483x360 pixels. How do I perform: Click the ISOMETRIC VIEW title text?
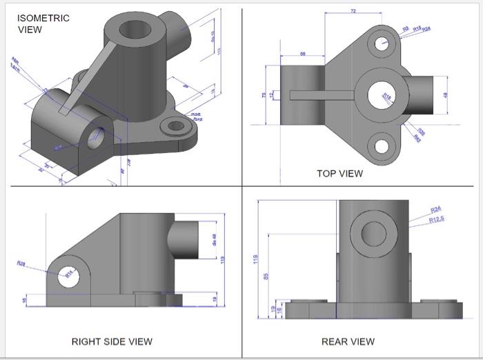[x=43, y=23]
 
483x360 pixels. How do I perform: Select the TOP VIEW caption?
[x=339, y=173]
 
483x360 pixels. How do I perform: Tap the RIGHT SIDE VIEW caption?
[x=112, y=341]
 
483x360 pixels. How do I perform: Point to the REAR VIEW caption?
[x=348, y=341]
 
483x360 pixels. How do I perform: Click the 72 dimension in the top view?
[x=353, y=12]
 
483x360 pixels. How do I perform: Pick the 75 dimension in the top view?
[x=264, y=95]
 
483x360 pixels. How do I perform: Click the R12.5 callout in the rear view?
[x=437, y=219]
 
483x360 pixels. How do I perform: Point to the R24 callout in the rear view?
[x=435, y=209]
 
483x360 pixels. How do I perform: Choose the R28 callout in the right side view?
[x=21, y=263]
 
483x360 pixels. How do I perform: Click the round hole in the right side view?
[x=69, y=277]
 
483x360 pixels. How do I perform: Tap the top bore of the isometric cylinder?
[x=133, y=30]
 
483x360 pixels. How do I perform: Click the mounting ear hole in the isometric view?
[x=177, y=126]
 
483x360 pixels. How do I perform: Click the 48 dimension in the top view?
[x=446, y=95]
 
